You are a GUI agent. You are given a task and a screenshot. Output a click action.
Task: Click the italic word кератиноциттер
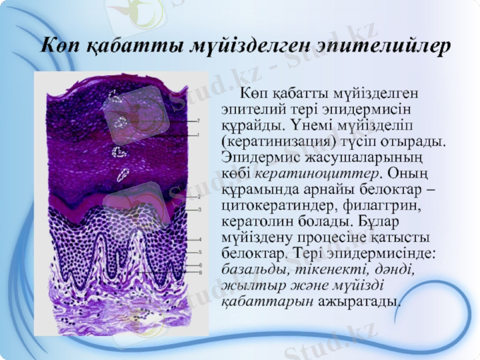tap(317, 174)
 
